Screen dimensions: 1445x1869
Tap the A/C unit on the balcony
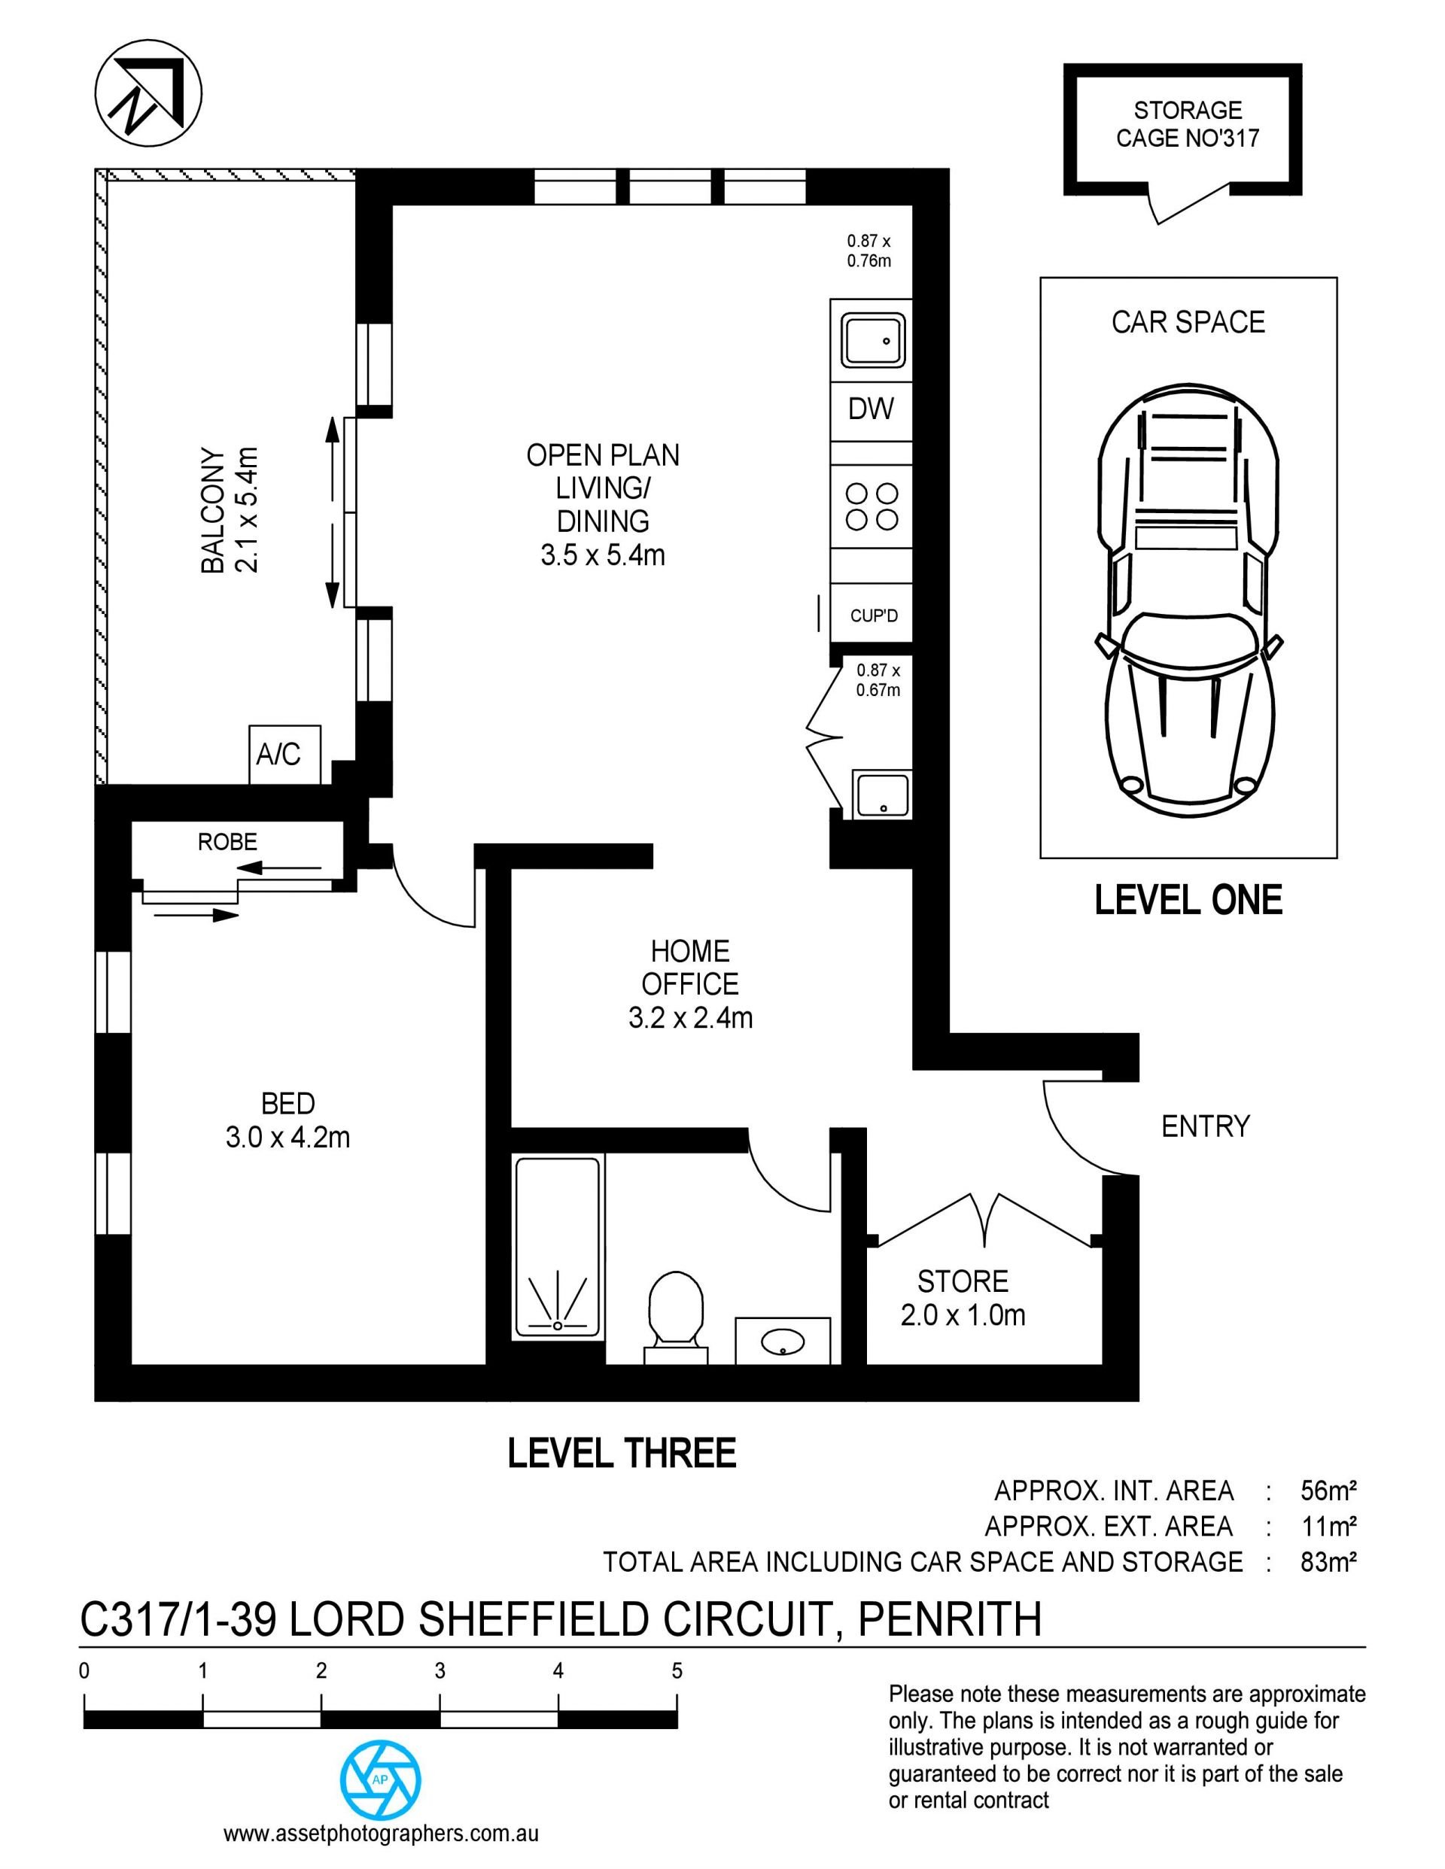[x=284, y=755]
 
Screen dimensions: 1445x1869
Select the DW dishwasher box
[x=871, y=409]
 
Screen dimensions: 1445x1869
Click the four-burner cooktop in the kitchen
[x=872, y=506]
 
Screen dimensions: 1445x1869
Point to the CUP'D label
[x=874, y=615]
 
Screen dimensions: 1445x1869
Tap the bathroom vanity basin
[x=783, y=1340]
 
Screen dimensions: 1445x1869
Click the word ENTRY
[x=1206, y=1126]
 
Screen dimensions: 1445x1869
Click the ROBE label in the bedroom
[x=228, y=842]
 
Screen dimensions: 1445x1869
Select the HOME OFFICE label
[x=690, y=968]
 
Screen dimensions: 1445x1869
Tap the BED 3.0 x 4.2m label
[x=287, y=1120]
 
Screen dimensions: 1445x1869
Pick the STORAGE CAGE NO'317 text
[x=1188, y=124]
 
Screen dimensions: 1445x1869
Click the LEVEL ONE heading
[x=1188, y=901]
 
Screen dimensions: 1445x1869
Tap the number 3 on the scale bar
[x=440, y=1670]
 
